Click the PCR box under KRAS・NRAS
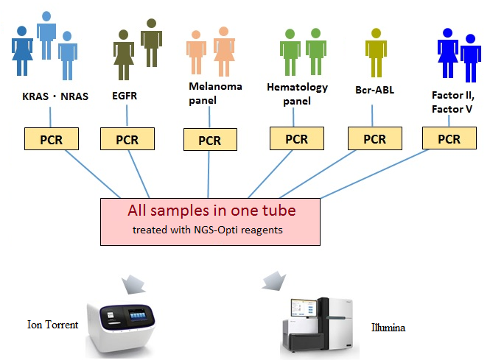click(x=52, y=138)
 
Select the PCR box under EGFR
click(x=127, y=139)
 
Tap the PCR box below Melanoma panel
click(x=210, y=140)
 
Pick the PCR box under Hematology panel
click(x=296, y=138)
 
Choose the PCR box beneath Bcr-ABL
click(x=374, y=138)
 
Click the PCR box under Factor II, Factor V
click(x=449, y=138)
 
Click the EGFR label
click(x=125, y=96)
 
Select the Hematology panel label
click(x=296, y=93)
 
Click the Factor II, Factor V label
click(x=452, y=102)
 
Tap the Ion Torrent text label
click(x=52, y=325)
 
